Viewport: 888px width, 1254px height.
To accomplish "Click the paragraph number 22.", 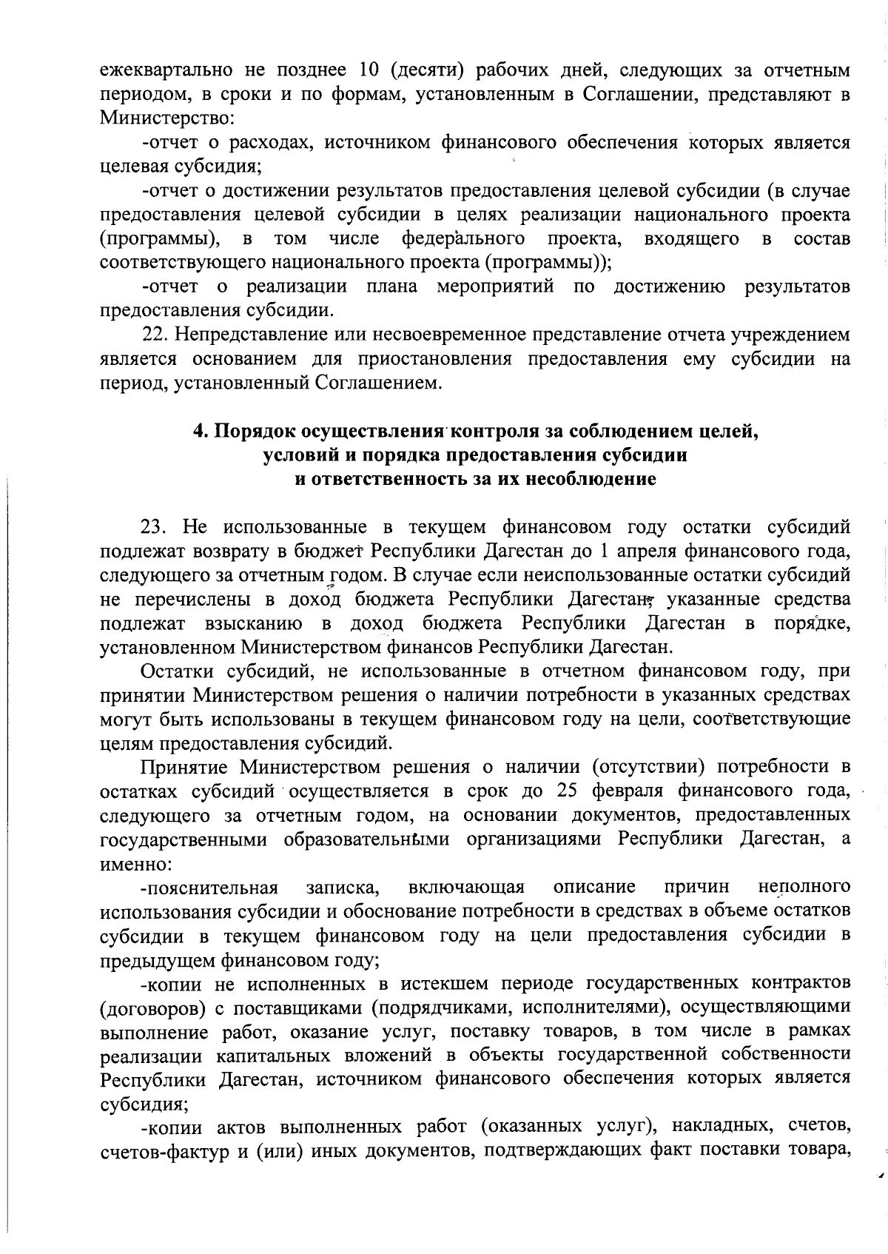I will pyautogui.click(x=155, y=335).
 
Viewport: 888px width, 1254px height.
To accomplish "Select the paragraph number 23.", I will pyautogui.click(x=155, y=527).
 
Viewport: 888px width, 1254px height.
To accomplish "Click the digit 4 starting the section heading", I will pyautogui.click(x=198, y=431).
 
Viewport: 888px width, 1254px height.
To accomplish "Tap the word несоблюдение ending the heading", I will pyautogui.click(x=591, y=479).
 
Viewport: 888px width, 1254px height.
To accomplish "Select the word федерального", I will pyautogui.click(x=463, y=239).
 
